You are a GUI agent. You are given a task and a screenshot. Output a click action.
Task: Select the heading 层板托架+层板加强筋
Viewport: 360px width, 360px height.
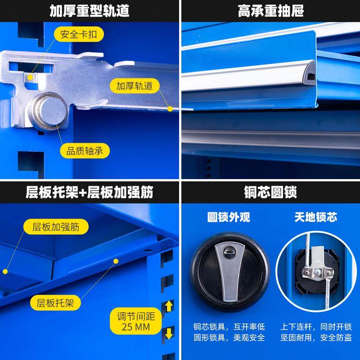[x=90, y=193]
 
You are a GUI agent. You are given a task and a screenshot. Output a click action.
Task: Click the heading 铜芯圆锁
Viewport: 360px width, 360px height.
[x=270, y=193]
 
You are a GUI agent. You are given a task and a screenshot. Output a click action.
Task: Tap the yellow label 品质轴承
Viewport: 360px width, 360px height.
[x=85, y=151]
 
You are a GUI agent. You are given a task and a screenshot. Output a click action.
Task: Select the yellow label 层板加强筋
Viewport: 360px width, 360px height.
[x=56, y=227]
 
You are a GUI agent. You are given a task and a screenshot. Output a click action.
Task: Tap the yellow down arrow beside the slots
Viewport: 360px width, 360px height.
[x=169, y=333]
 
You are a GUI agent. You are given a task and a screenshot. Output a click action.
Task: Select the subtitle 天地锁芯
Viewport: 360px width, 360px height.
[x=316, y=217]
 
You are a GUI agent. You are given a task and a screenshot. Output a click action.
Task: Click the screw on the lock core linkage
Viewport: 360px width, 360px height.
[x=318, y=271]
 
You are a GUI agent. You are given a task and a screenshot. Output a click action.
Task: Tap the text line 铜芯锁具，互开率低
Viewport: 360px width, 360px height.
[x=229, y=327]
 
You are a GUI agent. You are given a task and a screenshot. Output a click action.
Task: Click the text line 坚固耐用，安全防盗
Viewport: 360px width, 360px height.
[x=316, y=337]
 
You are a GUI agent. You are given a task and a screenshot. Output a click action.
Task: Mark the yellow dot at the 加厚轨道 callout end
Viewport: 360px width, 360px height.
[x=170, y=108]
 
